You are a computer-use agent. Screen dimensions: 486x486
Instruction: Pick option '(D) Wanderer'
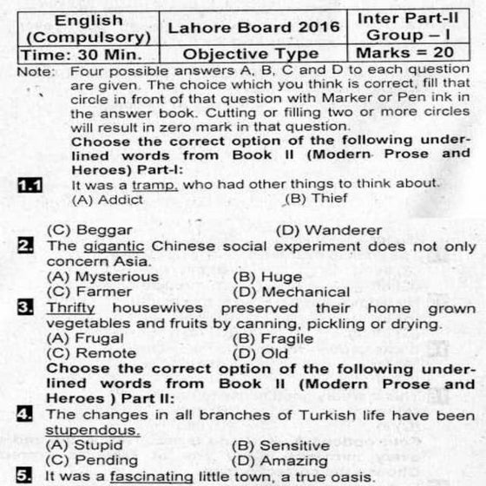pos(329,230)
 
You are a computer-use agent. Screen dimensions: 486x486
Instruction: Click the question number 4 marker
pos(27,415)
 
